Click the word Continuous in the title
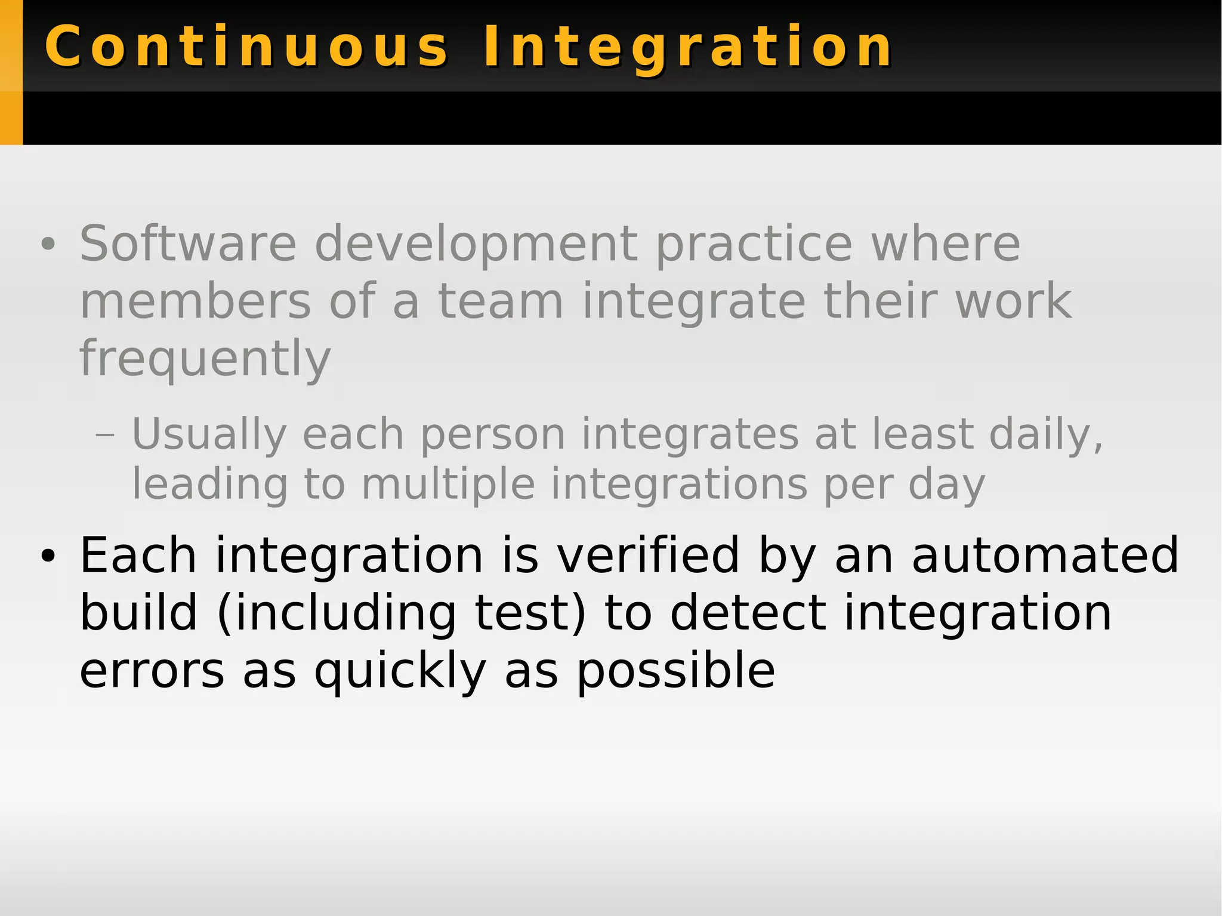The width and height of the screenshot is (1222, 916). [246, 47]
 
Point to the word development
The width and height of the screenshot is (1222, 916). [476, 245]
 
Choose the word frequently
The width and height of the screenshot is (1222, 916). [205, 359]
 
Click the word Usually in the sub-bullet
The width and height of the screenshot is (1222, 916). [209, 434]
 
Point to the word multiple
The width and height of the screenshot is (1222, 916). [448, 484]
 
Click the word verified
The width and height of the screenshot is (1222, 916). [648, 555]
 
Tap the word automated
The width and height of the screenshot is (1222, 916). [1045, 555]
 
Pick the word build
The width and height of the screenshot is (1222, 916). [138, 613]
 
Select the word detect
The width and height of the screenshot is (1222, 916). [748, 613]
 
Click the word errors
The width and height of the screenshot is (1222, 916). [152, 671]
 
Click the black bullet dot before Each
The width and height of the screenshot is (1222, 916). [48, 556]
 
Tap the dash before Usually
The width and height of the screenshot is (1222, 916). [104, 434]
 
